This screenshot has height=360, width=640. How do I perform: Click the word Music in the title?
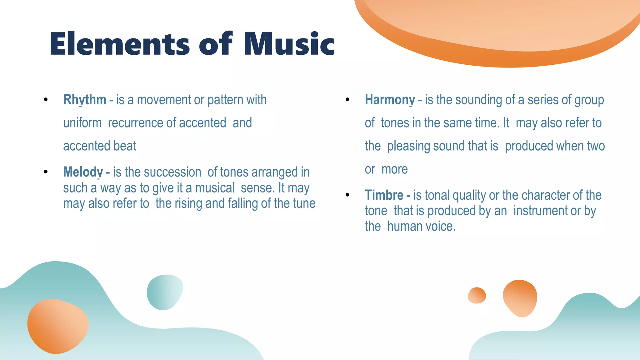(289, 44)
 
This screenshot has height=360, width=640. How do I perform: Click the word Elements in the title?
(120, 44)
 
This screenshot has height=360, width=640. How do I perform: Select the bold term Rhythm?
(85, 100)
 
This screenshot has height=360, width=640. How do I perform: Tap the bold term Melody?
(83, 172)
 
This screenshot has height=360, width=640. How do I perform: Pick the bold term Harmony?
(390, 100)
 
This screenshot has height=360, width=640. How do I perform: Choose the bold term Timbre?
(384, 195)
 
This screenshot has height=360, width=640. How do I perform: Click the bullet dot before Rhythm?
(46, 100)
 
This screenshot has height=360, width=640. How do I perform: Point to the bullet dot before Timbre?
(347, 195)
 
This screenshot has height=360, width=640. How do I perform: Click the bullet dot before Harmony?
(347, 100)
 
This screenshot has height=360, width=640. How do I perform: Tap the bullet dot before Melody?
(46, 172)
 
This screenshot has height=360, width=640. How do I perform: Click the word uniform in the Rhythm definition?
(82, 123)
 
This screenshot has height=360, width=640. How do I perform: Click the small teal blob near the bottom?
(165, 292)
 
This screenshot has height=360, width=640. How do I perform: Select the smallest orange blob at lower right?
(477, 295)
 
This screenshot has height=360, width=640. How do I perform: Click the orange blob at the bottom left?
(58, 326)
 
